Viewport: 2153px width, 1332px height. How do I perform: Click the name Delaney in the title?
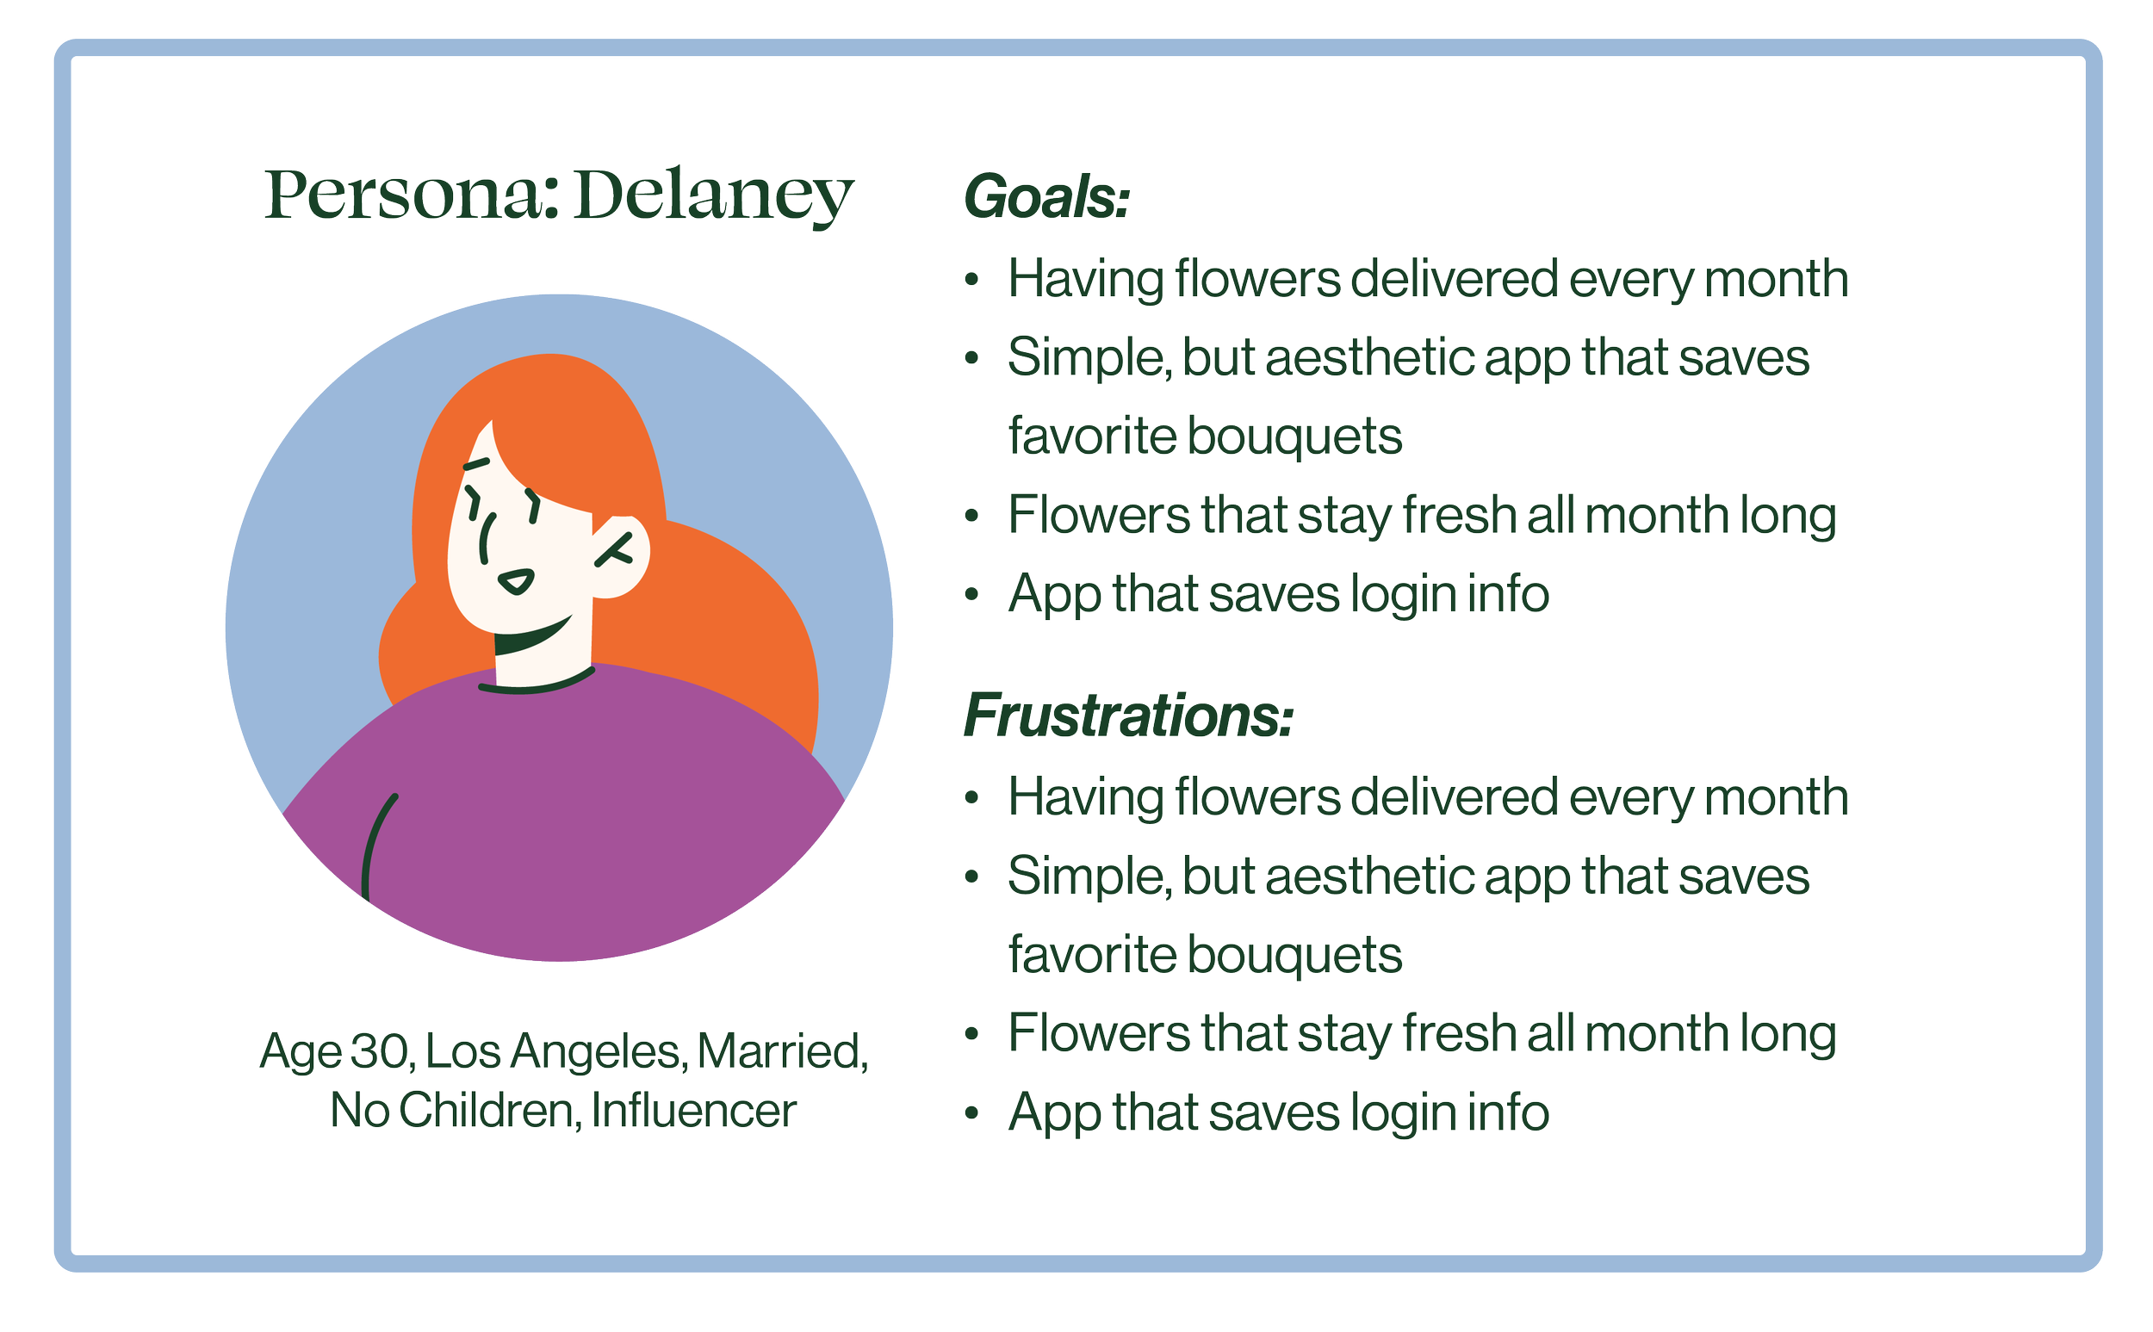pyautogui.click(x=714, y=195)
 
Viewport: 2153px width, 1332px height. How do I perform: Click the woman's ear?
pyautogui.click(x=622, y=555)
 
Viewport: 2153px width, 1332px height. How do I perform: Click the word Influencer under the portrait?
pyautogui.click(x=694, y=1110)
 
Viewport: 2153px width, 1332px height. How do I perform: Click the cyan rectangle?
pyautogui.click(x=1850, y=1117)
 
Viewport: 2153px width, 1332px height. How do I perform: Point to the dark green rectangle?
pyautogui.click(x=916, y=1117)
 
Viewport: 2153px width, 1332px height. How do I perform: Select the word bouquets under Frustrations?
pyautogui.click(x=1295, y=955)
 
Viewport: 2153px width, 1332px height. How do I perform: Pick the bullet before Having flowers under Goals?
pyautogui.click(x=971, y=281)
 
